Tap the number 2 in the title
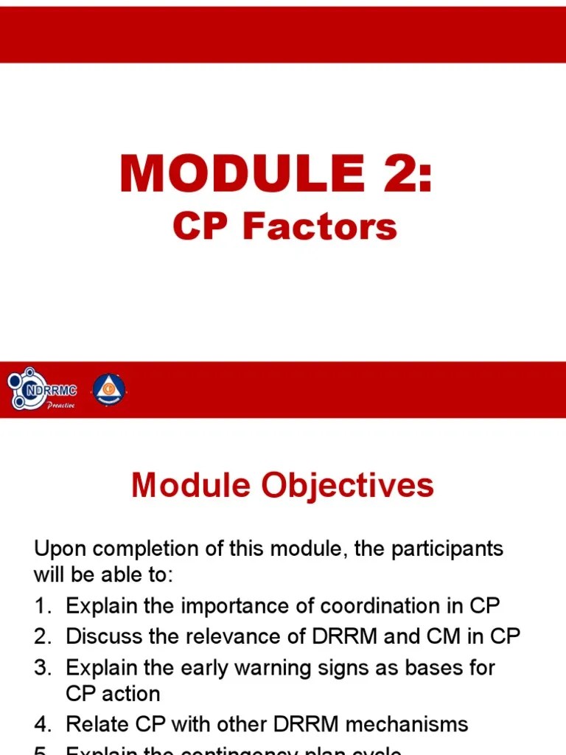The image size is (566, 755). (388, 174)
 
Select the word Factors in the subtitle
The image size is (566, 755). (320, 226)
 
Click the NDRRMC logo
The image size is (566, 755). (42, 389)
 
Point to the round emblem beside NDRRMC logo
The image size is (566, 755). (108, 389)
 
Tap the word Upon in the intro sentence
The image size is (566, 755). (60, 549)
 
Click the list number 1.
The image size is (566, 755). (41, 606)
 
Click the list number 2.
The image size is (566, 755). (41, 636)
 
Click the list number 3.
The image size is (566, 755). (41, 667)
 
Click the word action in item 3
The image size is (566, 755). (129, 694)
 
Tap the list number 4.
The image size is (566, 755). (41, 724)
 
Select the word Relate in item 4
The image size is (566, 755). (95, 724)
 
